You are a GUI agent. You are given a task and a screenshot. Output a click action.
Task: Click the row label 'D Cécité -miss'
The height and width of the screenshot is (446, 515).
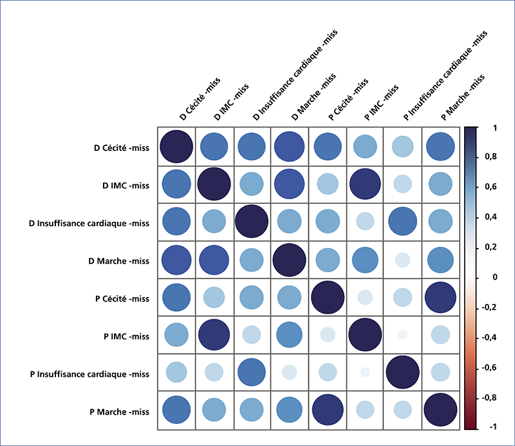122,148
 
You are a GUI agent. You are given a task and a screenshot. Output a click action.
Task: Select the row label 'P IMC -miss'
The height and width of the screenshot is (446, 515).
126,337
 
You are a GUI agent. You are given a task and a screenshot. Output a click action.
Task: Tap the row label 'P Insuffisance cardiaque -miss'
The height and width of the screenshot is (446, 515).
89,374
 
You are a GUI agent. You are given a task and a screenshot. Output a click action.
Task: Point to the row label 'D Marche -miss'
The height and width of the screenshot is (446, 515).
119,261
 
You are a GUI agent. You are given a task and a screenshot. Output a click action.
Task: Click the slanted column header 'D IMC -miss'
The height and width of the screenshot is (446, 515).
231,102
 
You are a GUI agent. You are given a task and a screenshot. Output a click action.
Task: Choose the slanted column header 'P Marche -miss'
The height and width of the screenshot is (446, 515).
463,98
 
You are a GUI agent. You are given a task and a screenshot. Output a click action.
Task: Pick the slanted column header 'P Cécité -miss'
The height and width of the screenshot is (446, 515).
348,100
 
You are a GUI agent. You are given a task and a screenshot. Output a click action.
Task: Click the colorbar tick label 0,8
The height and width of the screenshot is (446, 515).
491,157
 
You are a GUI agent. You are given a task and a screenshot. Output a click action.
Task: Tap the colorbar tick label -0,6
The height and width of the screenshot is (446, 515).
489,368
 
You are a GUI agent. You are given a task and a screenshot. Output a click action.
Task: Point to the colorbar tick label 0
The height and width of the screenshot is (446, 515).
494,277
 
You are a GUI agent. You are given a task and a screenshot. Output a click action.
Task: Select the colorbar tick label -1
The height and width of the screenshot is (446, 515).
492,427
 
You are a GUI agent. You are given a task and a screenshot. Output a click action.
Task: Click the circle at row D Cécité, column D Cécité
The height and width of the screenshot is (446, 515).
176,147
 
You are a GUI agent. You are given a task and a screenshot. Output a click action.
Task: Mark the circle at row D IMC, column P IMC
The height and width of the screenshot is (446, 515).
365,184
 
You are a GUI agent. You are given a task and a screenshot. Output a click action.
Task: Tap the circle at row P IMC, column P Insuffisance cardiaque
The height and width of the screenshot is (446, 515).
402,335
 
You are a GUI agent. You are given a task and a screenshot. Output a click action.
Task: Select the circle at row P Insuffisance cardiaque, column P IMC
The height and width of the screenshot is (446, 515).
365,372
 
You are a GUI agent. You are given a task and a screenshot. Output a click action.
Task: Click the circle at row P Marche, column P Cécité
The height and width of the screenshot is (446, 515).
328,410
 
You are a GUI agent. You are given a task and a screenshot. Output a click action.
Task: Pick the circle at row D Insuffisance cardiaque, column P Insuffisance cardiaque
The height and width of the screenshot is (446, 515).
402,221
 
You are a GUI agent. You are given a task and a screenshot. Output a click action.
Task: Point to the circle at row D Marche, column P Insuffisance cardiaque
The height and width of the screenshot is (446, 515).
402,260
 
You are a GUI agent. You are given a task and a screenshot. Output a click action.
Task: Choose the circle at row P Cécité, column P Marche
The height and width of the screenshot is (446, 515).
440,298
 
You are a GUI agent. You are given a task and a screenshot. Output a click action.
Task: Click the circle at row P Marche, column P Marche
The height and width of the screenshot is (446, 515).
440,410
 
